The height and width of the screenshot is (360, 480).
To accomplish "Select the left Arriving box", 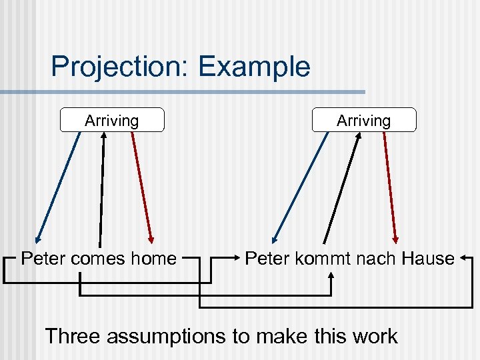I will tap(111, 121).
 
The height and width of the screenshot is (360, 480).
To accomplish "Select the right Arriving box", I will tap(363, 121).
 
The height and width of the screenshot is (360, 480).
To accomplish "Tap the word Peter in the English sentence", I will tap(42, 258).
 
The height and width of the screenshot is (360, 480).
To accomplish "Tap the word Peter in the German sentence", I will tap(265, 258).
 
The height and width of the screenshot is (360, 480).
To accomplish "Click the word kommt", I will tap(320, 258).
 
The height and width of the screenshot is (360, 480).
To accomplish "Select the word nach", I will tap(373, 258).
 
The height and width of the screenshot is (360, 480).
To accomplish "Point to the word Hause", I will tap(426, 258).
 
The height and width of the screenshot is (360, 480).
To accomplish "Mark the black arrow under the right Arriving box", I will tap(342, 187).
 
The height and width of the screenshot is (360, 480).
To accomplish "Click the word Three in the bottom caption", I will tap(73, 335).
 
